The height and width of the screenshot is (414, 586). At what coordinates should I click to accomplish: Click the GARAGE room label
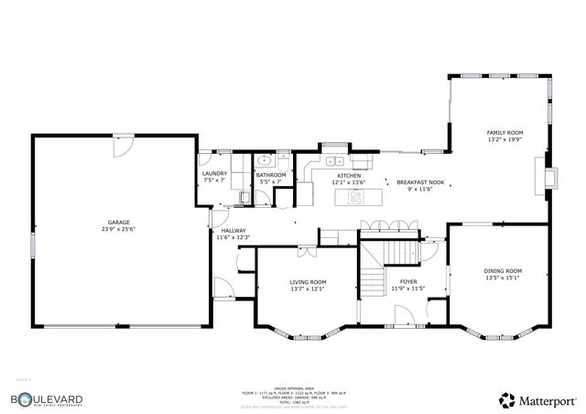[x=118, y=223]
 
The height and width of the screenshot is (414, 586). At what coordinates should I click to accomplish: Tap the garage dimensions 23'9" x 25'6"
[x=118, y=231]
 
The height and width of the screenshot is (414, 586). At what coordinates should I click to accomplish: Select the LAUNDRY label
[x=214, y=174]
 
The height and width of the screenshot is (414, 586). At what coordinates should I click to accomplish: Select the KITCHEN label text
[x=349, y=175]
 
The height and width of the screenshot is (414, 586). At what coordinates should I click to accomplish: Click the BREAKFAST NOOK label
[x=420, y=182]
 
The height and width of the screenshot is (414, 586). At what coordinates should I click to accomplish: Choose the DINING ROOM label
[x=503, y=271]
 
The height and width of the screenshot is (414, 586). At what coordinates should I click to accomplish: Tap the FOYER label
[x=407, y=282]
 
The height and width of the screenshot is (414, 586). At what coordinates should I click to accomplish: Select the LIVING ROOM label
[x=308, y=282]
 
